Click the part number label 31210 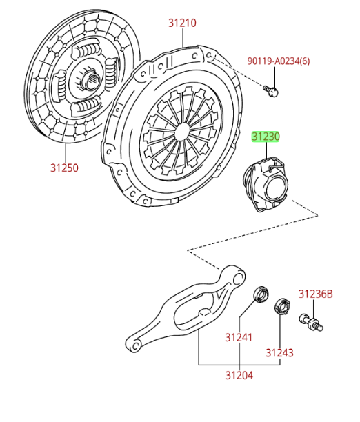[182, 23]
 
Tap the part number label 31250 [63, 168]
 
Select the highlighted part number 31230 [266, 137]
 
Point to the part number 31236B [315, 294]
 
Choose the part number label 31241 [238, 338]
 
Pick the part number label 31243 [279, 353]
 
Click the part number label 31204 [238, 376]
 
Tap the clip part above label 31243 [282, 305]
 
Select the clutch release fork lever [185, 310]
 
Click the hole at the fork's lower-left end [132, 343]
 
